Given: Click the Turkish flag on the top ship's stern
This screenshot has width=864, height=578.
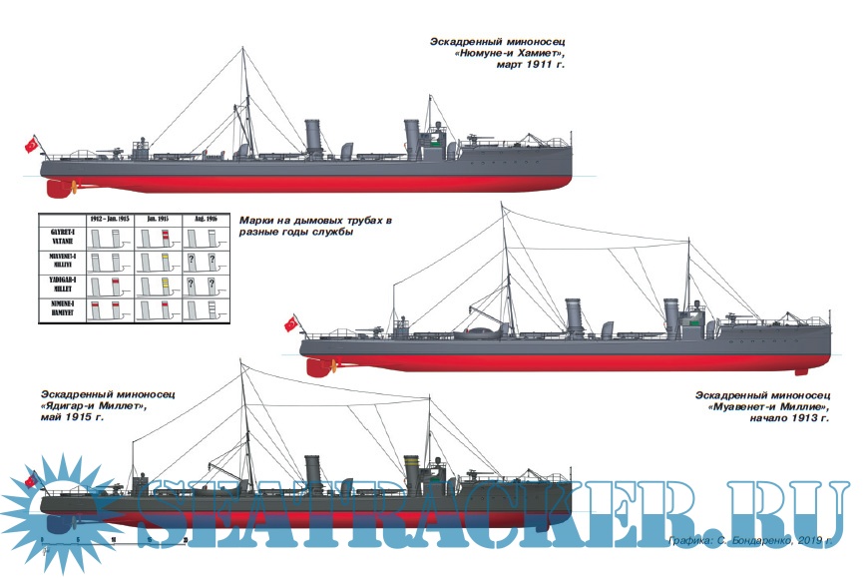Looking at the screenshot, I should (32, 145).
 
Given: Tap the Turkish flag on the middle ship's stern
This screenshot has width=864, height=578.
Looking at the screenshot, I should (291, 323).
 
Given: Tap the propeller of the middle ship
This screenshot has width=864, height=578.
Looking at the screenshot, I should (317, 366).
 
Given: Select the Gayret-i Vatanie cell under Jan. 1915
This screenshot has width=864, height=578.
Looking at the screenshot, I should (157, 238).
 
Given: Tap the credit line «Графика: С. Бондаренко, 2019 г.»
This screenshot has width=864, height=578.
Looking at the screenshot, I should (750, 540).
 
